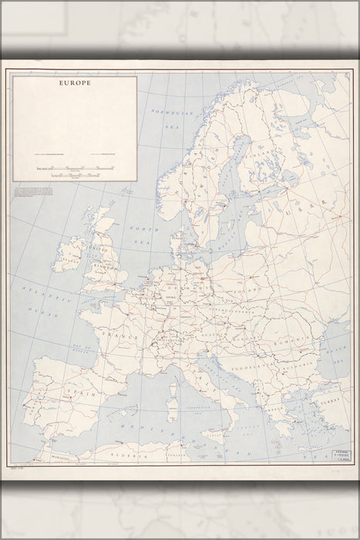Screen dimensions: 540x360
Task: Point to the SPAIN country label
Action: pos(64,393)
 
